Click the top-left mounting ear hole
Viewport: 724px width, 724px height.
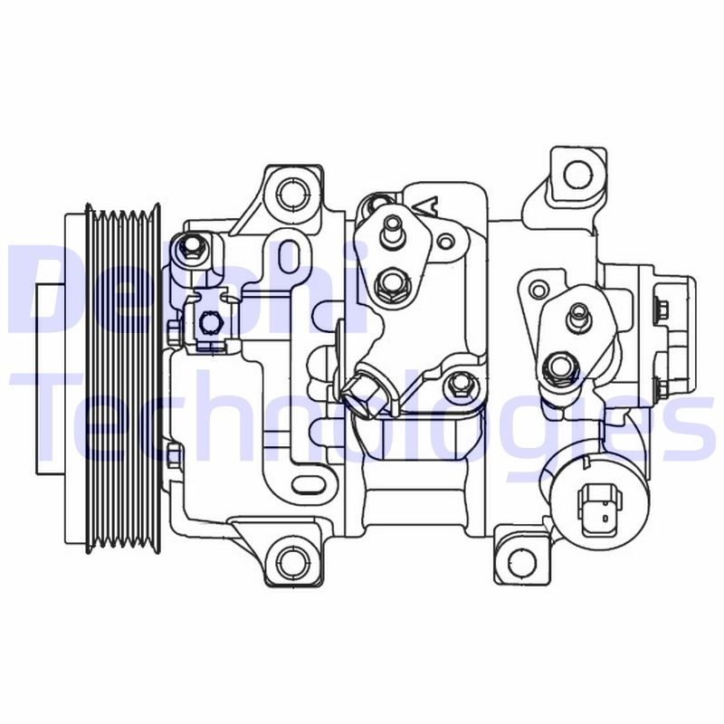coord(290,193)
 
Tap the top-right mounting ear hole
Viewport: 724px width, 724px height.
coord(576,172)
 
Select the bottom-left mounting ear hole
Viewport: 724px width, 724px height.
coord(289,554)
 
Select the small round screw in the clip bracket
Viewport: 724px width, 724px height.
coord(207,321)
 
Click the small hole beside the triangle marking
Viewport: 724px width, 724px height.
coord(446,241)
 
